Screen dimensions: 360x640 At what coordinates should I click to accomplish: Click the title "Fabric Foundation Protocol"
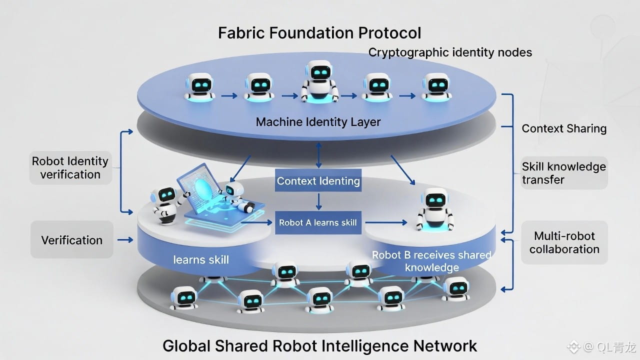pyautogui.click(x=319, y=33)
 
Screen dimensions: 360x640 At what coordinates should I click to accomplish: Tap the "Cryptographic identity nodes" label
pyautogui.click(x=450, y=52)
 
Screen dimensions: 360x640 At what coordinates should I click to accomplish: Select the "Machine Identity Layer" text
pyautogui.click(x=318, y=121)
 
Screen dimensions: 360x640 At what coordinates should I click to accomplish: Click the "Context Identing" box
pyautogui.click(x=318, y=181)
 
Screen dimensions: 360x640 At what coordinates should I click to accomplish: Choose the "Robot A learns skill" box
pyautogui.click(x=318, y=222)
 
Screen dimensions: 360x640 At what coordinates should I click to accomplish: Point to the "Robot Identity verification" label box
pyautogui.click(x=70, y=168)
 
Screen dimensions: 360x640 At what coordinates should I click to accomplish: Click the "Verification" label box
pyautogui.click(x=72, y=240)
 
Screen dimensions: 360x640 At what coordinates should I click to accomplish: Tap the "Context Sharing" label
pyautogui.click(x=564, y=128)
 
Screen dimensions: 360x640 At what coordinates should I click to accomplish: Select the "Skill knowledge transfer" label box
pyautogui.click(x=564, y=173)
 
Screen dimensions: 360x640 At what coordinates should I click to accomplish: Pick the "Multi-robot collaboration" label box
pyautogui.click(x=564, y=242)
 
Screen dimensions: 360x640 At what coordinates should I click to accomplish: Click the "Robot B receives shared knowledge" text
pyautogui.click(x=432, y=261)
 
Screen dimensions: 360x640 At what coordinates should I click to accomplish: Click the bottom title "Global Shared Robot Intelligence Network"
pyautogui.click(x=320, y=345)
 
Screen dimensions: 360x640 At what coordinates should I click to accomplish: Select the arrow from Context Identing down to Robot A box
pyautogui.click(x=318, y=201)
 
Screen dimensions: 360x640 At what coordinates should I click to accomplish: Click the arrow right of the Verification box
pyautogui.click(x=125, y=240)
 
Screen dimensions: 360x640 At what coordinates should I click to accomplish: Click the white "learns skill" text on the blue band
pyautogui.click(x=201, y=259)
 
